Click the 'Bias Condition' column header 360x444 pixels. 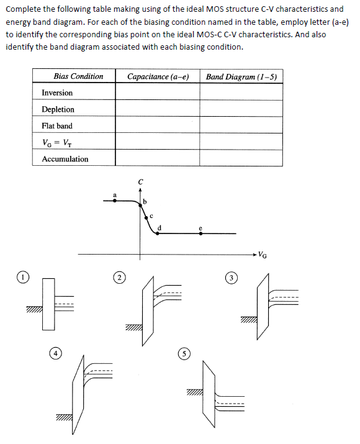(x=78, y=76)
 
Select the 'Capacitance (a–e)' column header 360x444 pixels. (x=157, y=76)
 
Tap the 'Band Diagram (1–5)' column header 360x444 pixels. (x=241, y=76)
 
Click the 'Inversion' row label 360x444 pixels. (x=57, y=93)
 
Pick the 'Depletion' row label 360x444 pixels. (x=58, y=109)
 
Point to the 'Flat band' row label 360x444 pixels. (x=57, y=125)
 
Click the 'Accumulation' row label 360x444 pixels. (x=65, y=159)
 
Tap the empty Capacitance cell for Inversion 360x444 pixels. (x=157, y=93)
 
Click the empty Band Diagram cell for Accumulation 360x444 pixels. (x=241, y=159)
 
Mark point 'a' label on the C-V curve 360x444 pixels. (x=114, y=195)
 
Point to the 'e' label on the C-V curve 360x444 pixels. (x=200, y=228)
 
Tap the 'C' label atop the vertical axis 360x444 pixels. (x=141, y=181)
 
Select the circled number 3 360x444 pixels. (x=231, y=277)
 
